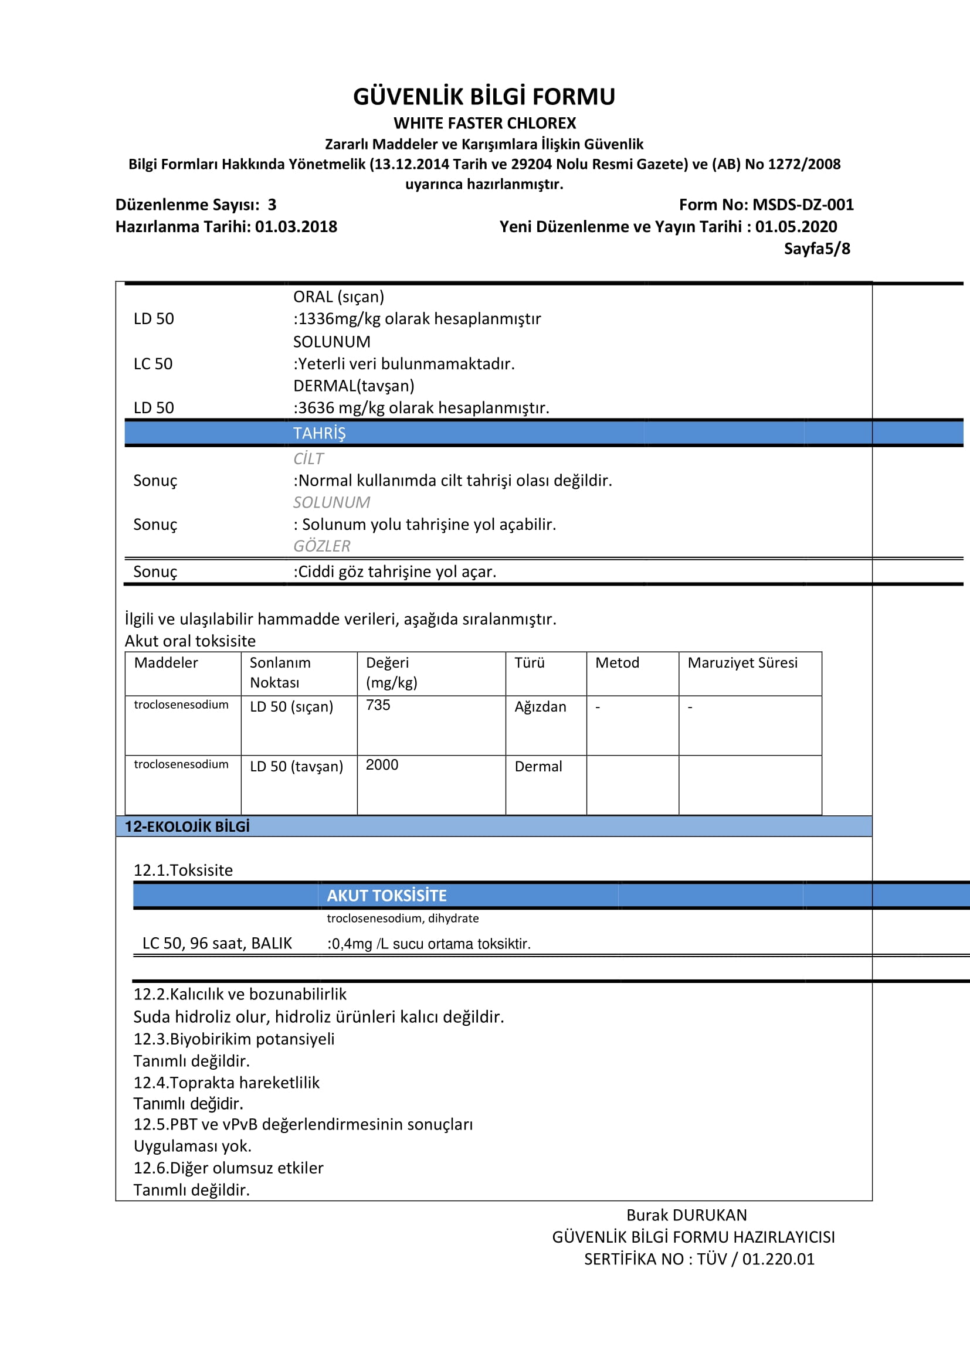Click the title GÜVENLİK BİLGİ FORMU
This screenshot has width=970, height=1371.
click(x=484, y=97)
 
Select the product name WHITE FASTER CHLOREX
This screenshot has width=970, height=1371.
click(x=484, y=123)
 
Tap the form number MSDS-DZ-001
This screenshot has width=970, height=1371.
click(x=803, y=205)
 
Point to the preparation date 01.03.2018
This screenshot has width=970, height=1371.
click(x=296, y=227)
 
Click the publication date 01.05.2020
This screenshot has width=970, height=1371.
click(x=796, y=227)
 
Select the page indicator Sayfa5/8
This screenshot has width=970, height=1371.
click(x=816, y=249)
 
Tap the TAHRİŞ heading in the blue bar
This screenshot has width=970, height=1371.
click(x=319, y=433)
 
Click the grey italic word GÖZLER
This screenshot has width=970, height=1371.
click(x=321, y=546)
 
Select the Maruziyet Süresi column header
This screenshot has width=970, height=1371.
click(x=742, y=663)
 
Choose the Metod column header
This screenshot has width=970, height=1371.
click(x=617, y=663)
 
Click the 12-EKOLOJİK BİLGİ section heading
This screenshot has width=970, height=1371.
click(x=187, y=826)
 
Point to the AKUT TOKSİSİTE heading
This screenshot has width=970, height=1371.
click(x=386, y=896)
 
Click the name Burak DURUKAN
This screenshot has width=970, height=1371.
click(x=686, y=1215)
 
